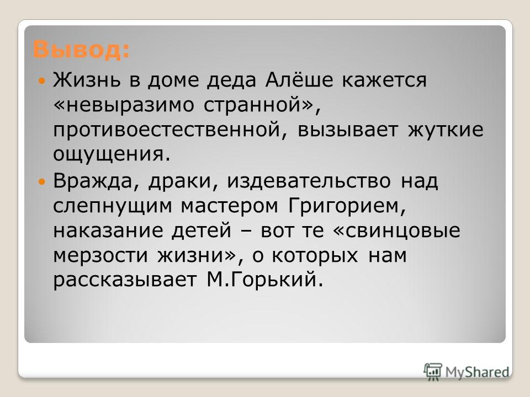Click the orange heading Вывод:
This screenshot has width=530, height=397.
pos(82,50)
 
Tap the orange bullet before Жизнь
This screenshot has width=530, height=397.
pos(42,81)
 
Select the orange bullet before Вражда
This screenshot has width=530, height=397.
pos(42,181)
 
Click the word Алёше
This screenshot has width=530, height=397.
pos(299,80)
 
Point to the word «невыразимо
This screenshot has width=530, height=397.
pos(124,105)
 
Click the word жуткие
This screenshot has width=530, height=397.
pos(446,130)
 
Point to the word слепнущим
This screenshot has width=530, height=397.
pos(113,206)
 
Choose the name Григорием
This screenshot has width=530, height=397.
pos(347,206)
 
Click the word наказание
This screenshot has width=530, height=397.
pos(108,231)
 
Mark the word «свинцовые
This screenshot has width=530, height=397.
pos(397,231)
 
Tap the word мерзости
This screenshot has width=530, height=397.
pos(100,256)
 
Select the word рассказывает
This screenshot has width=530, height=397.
pos(125,281)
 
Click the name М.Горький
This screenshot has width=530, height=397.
pos(264,280)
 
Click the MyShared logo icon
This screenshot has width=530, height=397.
pos(433,372)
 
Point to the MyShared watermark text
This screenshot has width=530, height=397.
pos(477,372)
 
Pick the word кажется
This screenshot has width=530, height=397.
pos(384,81)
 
